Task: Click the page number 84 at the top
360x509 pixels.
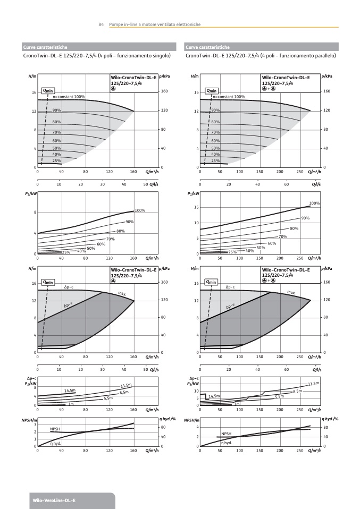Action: [101, 24]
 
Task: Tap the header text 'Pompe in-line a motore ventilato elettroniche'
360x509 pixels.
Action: [155, 24]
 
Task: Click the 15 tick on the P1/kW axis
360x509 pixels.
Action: [196, 207]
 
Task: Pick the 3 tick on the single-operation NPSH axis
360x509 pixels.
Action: [35, 425]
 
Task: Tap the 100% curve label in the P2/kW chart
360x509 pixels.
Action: [140, 210]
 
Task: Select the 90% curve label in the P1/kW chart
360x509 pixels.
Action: [305, 218]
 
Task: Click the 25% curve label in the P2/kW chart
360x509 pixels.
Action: [66, 252]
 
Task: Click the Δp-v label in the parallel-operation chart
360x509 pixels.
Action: [231, 307]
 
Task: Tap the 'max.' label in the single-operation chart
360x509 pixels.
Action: [122, 293]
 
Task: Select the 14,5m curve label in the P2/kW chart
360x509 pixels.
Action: [70, 391]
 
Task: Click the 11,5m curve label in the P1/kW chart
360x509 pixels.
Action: [313, 384]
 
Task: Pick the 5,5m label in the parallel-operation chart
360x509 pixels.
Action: [279, 397]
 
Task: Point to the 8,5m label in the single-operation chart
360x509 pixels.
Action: [124, 392]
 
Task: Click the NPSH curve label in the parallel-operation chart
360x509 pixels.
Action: [227, 434]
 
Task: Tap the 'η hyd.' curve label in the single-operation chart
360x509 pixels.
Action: [54, 443]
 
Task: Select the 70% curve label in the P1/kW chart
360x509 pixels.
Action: [283, 236]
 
